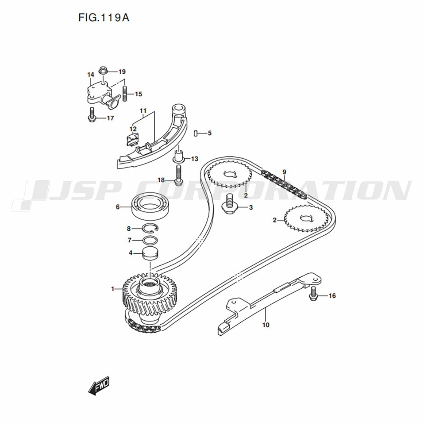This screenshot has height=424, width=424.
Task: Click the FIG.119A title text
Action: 104,17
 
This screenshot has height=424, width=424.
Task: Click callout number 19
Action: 122,72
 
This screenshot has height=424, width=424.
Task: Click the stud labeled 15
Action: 125,94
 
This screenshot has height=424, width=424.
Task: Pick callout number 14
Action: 91,74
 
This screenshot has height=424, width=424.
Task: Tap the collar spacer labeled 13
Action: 178,156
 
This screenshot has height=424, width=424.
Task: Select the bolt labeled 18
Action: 178,175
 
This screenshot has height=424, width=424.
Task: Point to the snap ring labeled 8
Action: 151,228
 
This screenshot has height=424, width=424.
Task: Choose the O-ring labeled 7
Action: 150,240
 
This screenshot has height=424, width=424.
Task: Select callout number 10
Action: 266,324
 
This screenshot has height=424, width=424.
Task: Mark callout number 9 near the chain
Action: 284,172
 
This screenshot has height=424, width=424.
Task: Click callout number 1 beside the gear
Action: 113,289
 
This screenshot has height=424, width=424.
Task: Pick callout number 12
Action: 133,129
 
